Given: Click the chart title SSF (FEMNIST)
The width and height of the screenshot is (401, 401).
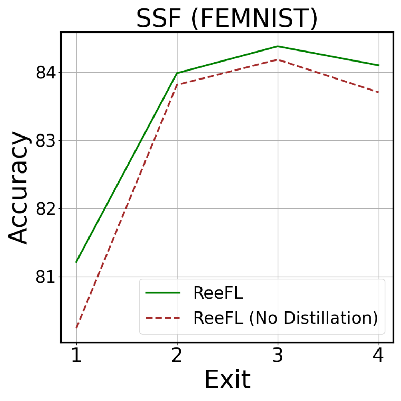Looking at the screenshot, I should coord(227,18).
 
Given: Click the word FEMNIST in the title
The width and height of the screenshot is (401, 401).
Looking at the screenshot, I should coord(254,18).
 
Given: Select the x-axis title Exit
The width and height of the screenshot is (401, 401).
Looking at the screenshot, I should coord(227,380).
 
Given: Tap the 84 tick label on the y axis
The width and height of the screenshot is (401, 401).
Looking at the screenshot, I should coord(46,73).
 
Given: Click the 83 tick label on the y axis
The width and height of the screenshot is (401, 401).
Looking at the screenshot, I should coord(46,141).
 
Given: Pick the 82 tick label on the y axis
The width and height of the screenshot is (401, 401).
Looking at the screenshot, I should coord(46,209).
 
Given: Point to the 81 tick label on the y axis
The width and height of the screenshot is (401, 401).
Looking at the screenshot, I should coord(46,277).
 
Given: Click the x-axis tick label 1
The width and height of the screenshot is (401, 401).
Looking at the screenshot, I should coord(76,355).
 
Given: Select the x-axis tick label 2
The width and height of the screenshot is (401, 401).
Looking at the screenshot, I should coord(177,355).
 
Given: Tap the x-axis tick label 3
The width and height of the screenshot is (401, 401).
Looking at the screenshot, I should coord(278,355).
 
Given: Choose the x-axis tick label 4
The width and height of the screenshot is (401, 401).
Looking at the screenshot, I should coord(379,355).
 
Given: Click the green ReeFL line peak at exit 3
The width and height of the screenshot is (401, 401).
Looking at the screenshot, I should coord(278,46).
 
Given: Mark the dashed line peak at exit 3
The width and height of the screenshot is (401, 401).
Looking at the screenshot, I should coord(278,60).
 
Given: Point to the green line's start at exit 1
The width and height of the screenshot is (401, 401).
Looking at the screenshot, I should coord(76,262).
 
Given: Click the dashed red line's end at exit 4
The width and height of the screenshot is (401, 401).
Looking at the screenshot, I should coord(379,92).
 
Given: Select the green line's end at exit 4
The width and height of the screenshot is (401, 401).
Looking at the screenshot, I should coord(379,65).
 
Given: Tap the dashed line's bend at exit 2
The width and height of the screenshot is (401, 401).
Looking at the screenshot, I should coord(177,85).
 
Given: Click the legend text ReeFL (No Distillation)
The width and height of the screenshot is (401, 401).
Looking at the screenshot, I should coord(286,318).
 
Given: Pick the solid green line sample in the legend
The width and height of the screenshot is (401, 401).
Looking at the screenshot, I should coord(163,293).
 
